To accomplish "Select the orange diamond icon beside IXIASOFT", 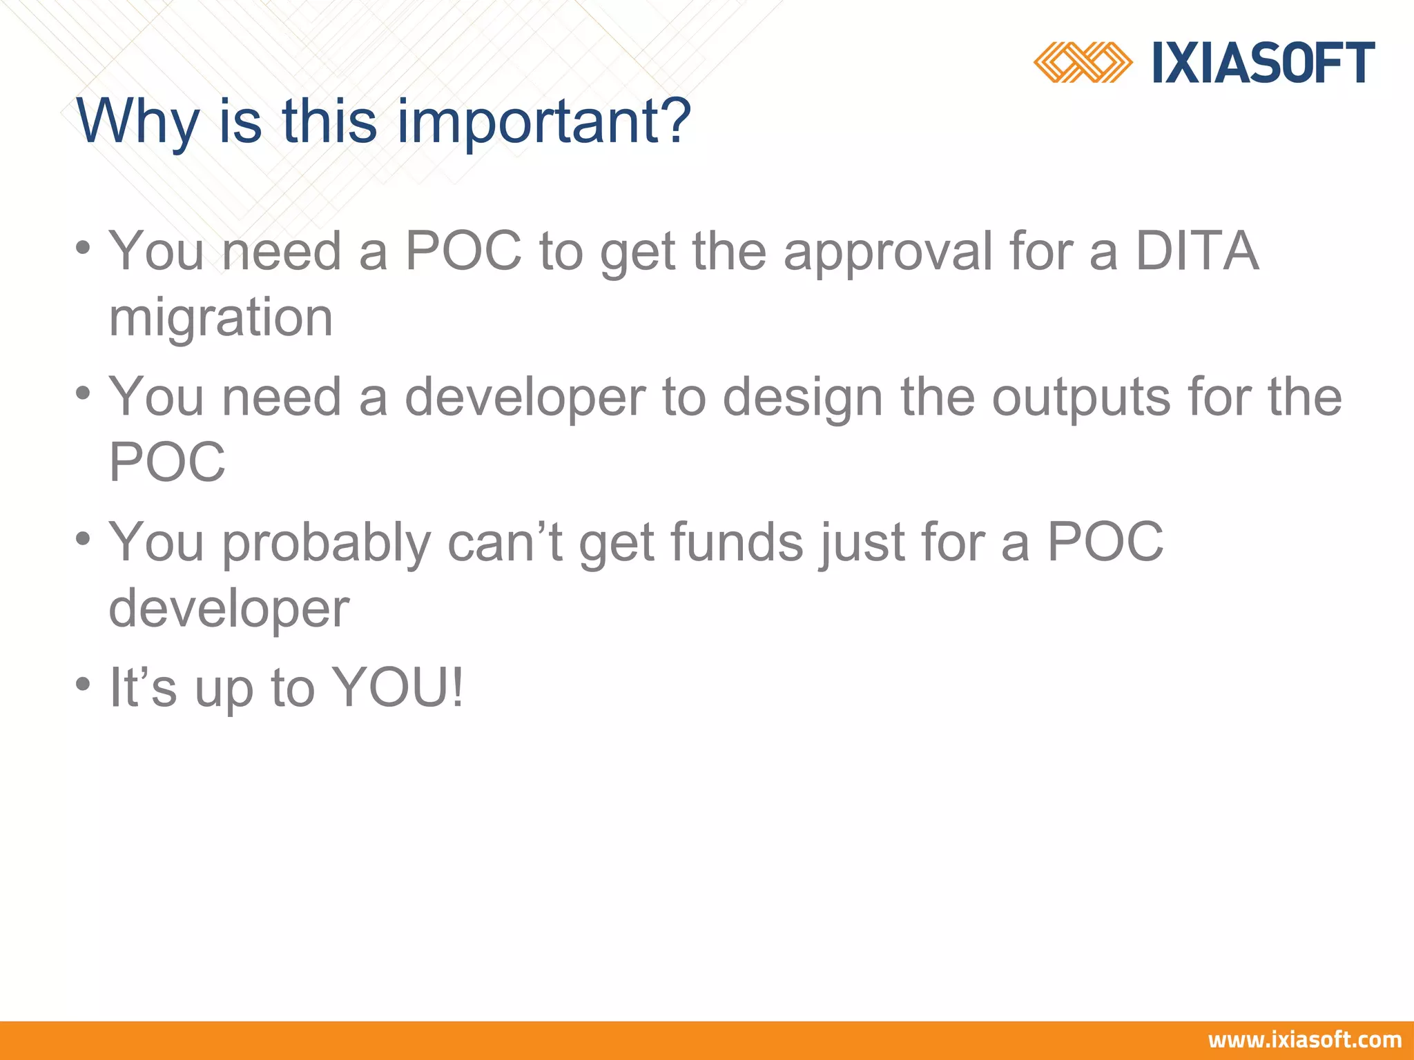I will pos(1082,63).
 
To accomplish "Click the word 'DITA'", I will pos(1197,251).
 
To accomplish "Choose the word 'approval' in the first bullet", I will pos(888,253).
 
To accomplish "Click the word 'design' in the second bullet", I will pos(802,398).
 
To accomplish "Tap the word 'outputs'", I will pos(1081,398).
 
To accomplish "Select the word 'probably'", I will pos(326,544).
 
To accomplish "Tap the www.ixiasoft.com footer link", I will pos(1304,1040).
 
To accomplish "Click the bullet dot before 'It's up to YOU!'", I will pos(84,685).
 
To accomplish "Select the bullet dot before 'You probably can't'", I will pos(84,539).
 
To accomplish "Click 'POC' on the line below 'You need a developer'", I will pos(167,462).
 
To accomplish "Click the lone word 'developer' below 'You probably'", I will pos(229,609).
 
